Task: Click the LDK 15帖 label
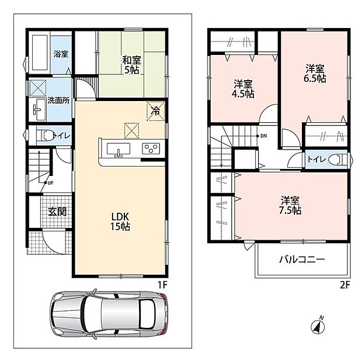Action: click(x=120, y=221)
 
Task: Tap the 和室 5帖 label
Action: click(x=131, y=65)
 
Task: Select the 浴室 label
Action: click(x=61, y=54)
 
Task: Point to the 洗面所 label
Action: click(x=58, y=101)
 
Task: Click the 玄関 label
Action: click(x=57, y=212)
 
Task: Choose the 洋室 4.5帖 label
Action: click(x=243, y=89)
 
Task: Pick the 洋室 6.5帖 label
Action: click(x=315, y=74)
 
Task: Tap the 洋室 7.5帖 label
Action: click(x=290, y=205)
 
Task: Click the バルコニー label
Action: click(x=302, y=259)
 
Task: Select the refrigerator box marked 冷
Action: click(x=156, y=111)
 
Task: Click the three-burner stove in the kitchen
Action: click(x=151, y=148)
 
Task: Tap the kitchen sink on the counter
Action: click(x=119, y=149)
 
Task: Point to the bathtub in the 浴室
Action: click(x=40, y=52)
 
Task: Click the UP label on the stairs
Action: click(x=50, y=183)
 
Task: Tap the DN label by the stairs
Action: click(x=263, y=136)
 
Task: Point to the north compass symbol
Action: click(x=318, y=326)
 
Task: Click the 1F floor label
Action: click(x=162, y=285)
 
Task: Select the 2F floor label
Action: click(x=345, y=285)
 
